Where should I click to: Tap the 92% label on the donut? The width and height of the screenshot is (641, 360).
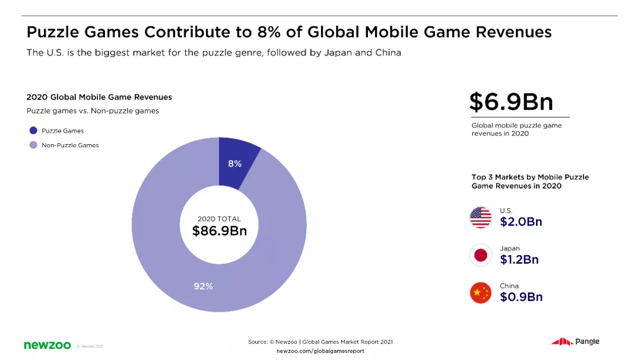pyautogui.click(x=203, y=286)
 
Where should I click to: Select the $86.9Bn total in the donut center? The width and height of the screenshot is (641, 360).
pyautogui.click(x=219, y=231)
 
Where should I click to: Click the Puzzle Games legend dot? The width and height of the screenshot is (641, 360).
pyautogui.click(x=33, y=130)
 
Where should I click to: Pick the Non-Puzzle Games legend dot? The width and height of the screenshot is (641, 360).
pyautogui.click(x=33, y=145)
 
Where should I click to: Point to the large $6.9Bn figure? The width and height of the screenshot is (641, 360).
pyautogui.click(x=511, y=102)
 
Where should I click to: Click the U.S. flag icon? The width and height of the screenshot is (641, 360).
pyautogui.click(x=480, y=218)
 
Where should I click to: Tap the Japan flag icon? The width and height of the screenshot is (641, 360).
pyautogui.click(x=480, y=255)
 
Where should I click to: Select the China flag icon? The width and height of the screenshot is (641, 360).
pyautogui.click(x=480, y=292)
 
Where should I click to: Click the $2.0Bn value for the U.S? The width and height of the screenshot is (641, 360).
pyautogui.click(x=521, y=222)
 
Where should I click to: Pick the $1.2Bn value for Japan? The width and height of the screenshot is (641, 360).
pyautogui.click(x=519, y=259)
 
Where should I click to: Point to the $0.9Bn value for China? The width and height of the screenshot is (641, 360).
pyautogui.click(x=521, y=297)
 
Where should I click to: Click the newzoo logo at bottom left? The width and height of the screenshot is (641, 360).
pyautogui.click(x=47, y=345)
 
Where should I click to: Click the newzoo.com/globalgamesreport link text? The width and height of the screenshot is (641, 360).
pyautogui.click(x=320, y=351)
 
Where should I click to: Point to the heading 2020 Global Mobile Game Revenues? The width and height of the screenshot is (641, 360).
pyautogui.click(x=99, y=97)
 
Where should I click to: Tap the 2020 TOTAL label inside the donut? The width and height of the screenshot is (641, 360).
pyautogui.click(x=219, y=219)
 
